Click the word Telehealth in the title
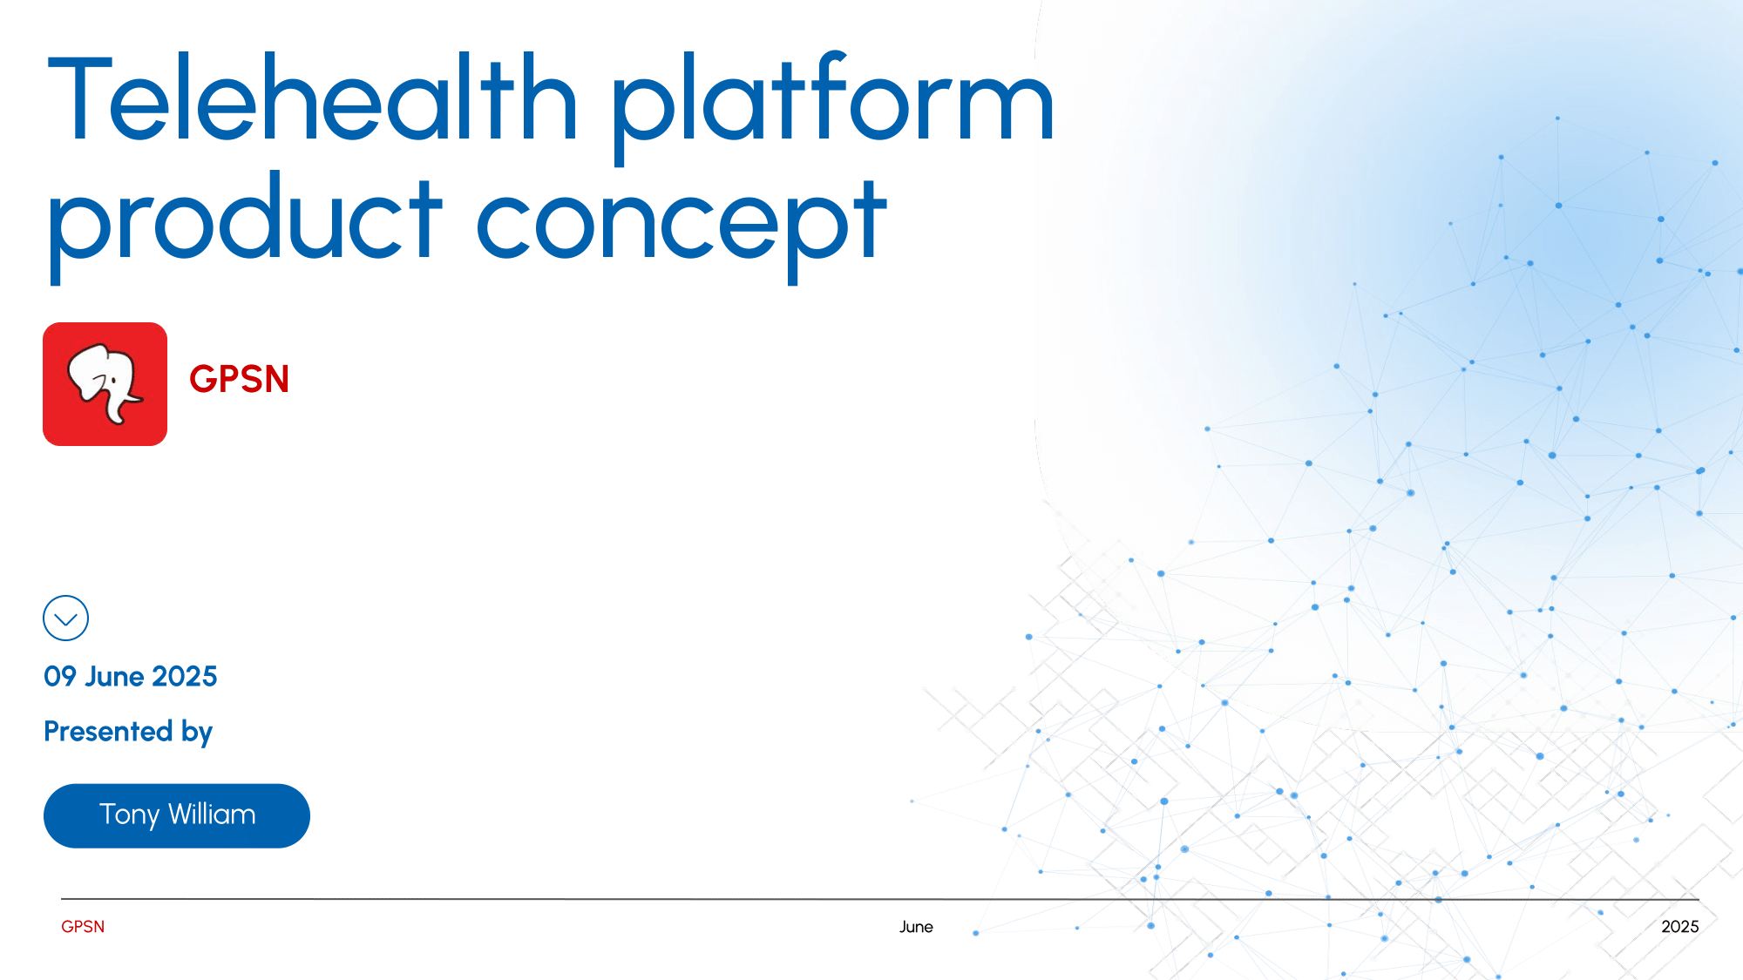(313, 97)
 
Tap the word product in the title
(245, 226)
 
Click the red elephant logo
(105, 384)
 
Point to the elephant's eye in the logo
(112, 381)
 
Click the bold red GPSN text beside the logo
(239, 379)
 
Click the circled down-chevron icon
(65, 618)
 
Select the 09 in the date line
(60, 676)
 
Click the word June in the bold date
(114, 676)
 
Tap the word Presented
(108, 731)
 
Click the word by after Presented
(197, 733)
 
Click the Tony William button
(177, 815)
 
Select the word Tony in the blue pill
(130, 815)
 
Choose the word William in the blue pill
(212, 814)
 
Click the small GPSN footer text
(83, 927)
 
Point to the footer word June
(916, 927)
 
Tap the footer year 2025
(1680, 927)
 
